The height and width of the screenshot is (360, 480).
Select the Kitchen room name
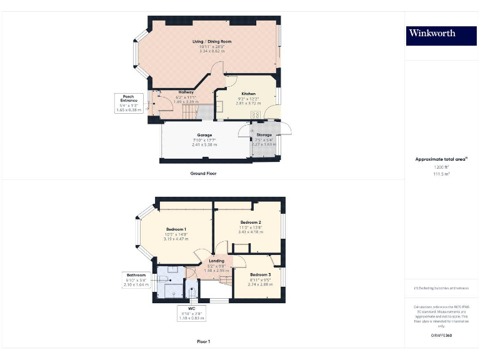[249, 93]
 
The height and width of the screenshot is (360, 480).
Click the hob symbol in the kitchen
[255, 115]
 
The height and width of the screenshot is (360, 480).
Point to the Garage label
[204, 135]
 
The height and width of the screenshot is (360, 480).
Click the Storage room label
[264, 134]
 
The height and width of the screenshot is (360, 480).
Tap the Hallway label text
[186, 92]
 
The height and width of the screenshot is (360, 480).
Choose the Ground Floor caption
[203, 173]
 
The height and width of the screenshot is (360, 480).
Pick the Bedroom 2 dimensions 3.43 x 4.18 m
[250, 232]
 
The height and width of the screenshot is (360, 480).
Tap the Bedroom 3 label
[260, 274]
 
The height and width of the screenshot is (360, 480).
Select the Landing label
[216, 261]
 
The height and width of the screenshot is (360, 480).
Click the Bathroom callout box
[136, 280]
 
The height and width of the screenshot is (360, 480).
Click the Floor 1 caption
[203, 342]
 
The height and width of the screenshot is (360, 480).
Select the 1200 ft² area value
[441, 167]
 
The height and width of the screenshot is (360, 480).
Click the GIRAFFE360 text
[441, 336]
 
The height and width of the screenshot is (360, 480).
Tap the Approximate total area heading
[441, 159]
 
